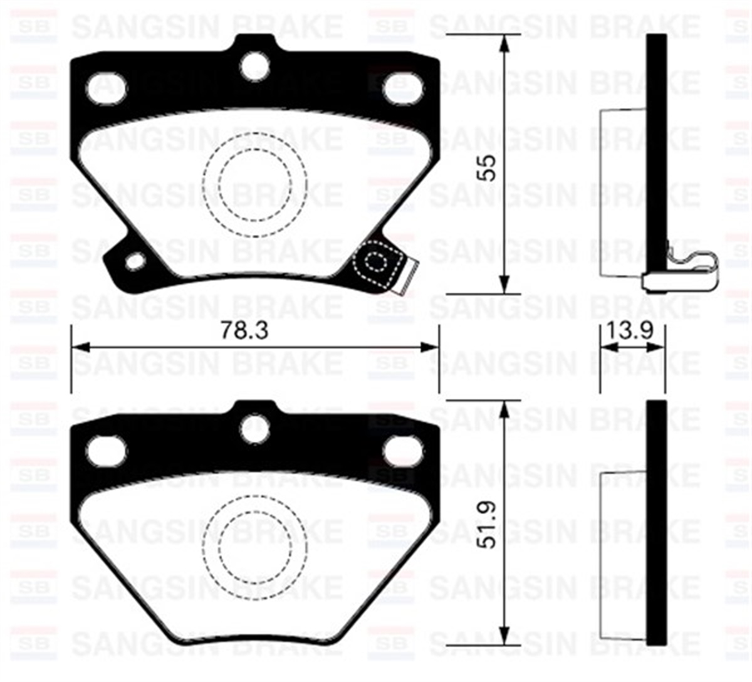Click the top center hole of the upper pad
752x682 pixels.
[255, 66]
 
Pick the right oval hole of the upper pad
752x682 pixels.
[402, 88]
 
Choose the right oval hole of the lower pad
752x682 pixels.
[402, 451]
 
